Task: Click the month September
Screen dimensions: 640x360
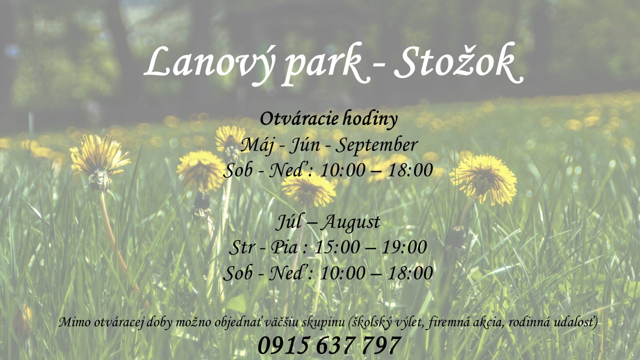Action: click(376, 145)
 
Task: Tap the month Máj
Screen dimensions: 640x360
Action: click(257, 145)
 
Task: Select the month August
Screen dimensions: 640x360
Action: click(350, 223)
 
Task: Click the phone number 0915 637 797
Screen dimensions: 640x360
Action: click(329, 345)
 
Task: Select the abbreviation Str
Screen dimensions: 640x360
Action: click(242, 247)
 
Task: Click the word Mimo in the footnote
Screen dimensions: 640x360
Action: click(74, 322)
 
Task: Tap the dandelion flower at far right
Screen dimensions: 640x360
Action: click(484, 178)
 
